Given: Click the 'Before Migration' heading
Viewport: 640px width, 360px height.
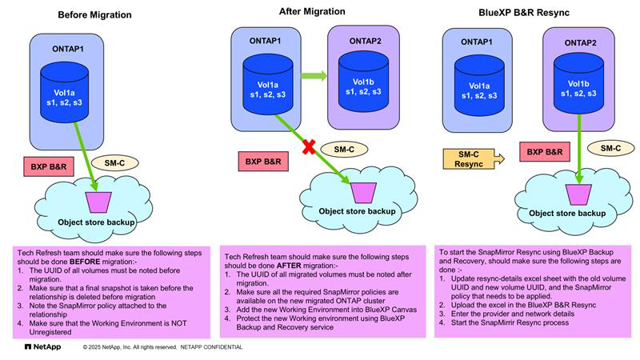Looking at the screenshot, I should tap(95, 14).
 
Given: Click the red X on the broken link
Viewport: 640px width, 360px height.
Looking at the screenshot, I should tap(306, 148).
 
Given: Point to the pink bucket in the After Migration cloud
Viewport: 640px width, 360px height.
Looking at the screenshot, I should tap(362, 190).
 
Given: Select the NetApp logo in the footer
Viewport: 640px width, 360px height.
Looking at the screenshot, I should tap(39, 347).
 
